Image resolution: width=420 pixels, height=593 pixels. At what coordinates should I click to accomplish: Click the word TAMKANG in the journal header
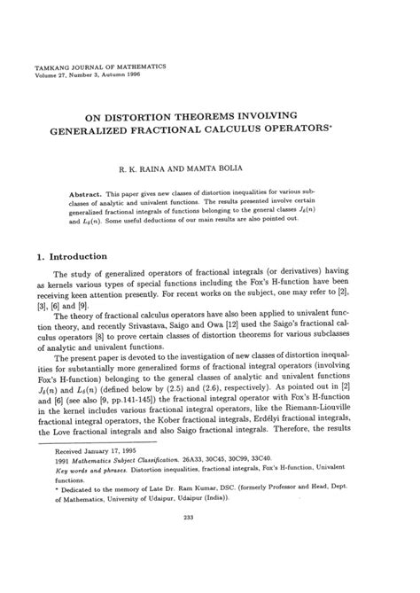(x=51, y=66)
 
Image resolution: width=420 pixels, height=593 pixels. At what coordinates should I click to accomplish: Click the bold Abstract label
(x=85, y=192)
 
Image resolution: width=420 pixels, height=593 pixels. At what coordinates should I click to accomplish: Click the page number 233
(x=210, y=568)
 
